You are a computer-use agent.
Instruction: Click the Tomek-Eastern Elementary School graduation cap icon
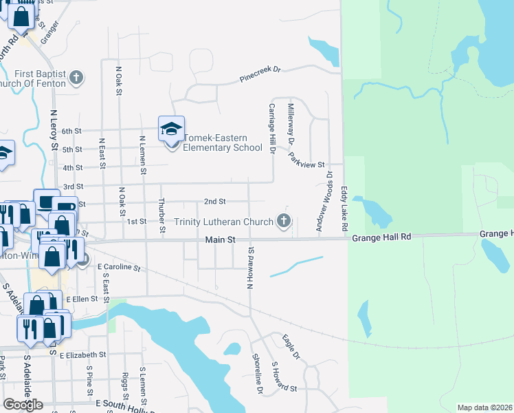[171, 128]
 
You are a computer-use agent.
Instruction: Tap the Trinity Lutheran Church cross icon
[284, 221]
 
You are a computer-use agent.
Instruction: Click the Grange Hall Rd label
[381, 237]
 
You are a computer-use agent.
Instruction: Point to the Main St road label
[221, 240]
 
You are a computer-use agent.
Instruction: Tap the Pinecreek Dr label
[261, 74]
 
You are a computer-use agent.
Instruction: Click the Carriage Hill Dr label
[272, 128]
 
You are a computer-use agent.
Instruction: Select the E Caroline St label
[118, 266]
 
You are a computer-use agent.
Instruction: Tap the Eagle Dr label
[291, 346]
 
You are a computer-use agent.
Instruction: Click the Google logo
[23, 405]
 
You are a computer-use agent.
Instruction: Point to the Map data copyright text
[485, 407]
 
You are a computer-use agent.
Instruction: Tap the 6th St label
[71, 131]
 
